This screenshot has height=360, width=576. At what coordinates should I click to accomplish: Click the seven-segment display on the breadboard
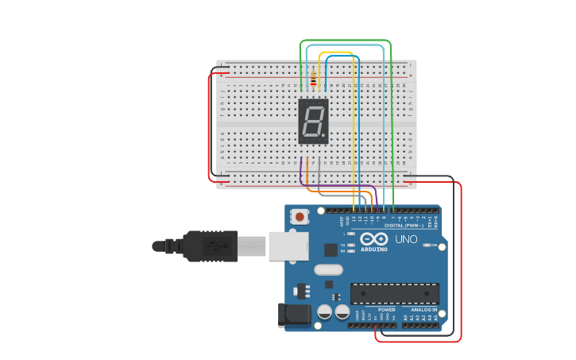point(313,121)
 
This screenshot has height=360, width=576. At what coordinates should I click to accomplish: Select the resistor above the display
point(313,78)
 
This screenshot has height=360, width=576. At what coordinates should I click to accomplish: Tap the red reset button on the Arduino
point(300,216)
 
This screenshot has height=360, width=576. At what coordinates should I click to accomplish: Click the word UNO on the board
point(406,239)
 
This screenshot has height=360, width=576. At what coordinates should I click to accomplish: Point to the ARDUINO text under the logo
point(374,250)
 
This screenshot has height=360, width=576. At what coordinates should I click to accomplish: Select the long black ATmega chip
point(394,293)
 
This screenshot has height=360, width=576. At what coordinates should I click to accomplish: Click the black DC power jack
point(294,315)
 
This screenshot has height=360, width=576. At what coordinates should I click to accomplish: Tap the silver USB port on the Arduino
point(288,246)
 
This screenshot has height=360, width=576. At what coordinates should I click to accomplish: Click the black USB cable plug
point(211,246)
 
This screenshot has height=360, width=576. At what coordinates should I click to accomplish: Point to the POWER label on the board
point(386,310)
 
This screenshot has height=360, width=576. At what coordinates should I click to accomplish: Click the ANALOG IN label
point(423,310)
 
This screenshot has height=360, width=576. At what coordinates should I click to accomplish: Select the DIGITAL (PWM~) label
point(404,225)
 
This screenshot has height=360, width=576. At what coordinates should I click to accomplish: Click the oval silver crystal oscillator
point(328,269)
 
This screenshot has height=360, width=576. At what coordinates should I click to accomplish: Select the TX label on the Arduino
point(342,246)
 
